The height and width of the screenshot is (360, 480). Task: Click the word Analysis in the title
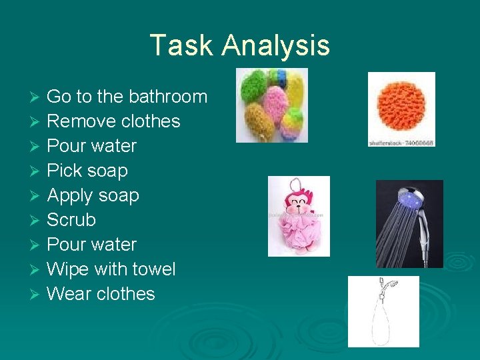(x=275, y=45)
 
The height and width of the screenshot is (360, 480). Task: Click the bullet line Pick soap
(x=87, y=171)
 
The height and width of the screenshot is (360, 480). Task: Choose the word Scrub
(x=71, y=220)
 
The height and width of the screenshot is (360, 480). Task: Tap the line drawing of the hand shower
(x=383, y=311)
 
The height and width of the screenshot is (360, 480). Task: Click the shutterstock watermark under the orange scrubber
(x=401, y=143)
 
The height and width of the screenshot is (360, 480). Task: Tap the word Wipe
(x=68, y=269)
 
